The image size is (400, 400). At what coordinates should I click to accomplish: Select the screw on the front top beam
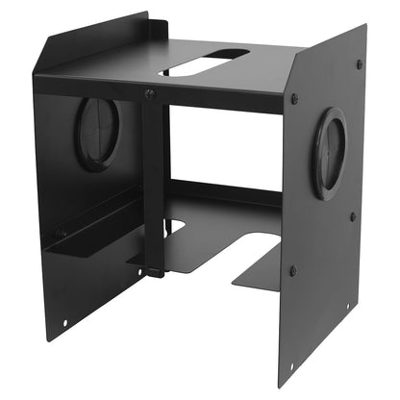[x=149, y=94]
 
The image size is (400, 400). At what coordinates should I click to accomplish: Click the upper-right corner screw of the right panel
[x=359, y=64]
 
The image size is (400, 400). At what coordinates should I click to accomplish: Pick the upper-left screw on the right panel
[x=294, y=99]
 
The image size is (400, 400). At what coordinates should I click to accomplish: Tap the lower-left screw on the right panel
[x=292, y=271]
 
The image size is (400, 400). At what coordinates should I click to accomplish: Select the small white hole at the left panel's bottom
[x=64, y=323]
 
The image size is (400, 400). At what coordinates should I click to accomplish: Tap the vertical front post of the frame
[x=153, y=183]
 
